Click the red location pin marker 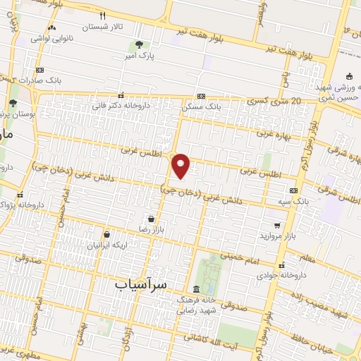[x=182, y=165]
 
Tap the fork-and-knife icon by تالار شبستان [x=103, y=16]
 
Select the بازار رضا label [x=150, y=229]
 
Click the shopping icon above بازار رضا [x=150, y=219]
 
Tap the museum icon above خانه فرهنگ [x=196, y=288]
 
